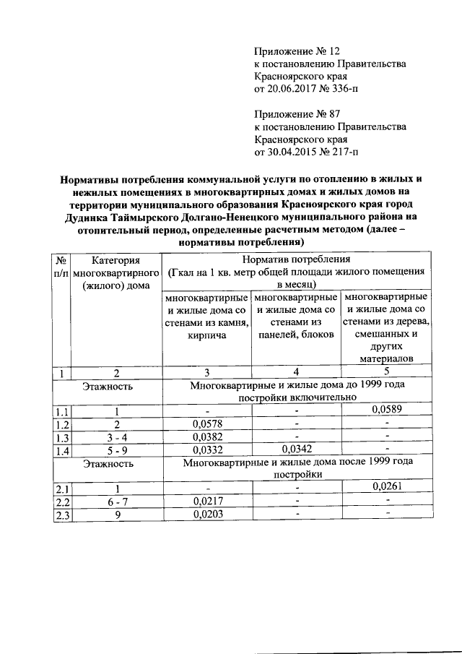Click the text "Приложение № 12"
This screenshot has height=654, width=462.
(297, 51)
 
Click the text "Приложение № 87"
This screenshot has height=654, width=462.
(297, 114)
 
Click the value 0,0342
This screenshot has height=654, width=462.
(295, 449)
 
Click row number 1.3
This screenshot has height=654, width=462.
(63, 436)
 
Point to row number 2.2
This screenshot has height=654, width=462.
(63, 501)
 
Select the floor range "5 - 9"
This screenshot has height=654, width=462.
(115, 449)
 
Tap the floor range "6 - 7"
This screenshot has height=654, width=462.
(115, 500)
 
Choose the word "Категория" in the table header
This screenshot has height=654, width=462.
(115, 259)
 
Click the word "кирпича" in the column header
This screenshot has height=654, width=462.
(207, 335)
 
